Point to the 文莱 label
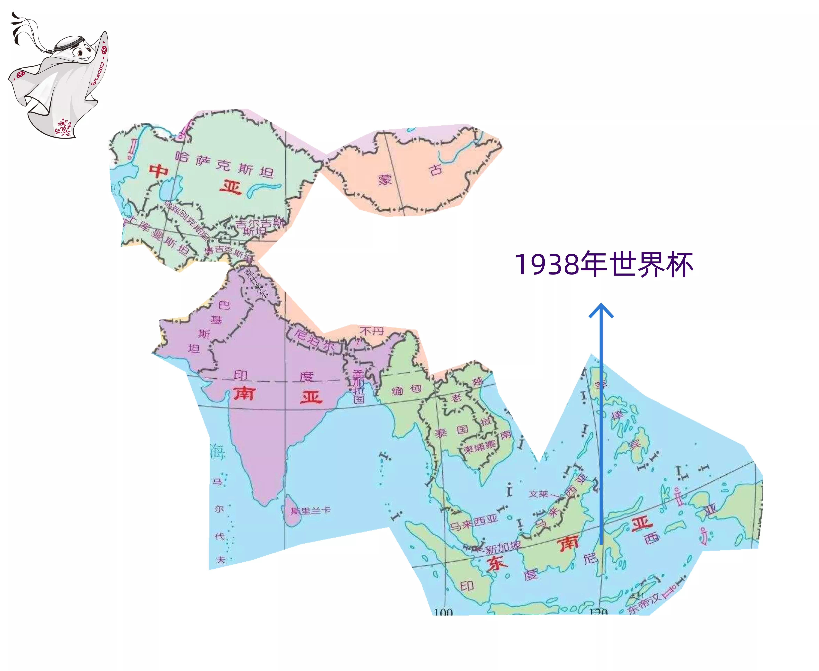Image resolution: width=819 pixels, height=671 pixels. (538, 494)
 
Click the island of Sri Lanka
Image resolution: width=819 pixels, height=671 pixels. (294, 510)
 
